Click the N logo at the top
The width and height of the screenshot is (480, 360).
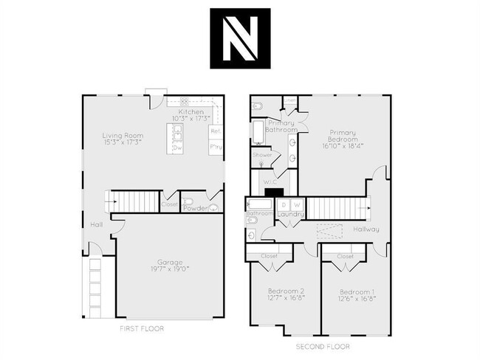[239, 38]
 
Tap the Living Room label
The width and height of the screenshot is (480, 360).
[123, 136]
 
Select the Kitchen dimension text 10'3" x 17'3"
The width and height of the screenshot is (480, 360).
[191, 118]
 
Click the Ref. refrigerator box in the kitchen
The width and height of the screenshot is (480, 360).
[216, 131]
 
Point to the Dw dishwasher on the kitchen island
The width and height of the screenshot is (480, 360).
[178, 148]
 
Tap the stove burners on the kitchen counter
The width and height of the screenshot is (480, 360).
[184, 103]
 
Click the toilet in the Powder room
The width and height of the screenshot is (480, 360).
[189, 202]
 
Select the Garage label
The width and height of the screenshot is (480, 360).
[169, 262]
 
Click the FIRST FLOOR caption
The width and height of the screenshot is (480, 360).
[142, 328]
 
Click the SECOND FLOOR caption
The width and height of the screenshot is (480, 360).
[323, 345]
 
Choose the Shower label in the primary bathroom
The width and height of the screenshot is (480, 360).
[262, 156]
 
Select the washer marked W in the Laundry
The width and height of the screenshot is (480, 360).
[295, 204]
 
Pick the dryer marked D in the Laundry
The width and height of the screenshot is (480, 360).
[284, 204]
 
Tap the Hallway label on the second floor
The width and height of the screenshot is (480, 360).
[366, 229]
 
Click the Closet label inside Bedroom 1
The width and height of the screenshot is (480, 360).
[345, 256]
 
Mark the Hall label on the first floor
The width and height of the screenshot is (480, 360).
[97, 224]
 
